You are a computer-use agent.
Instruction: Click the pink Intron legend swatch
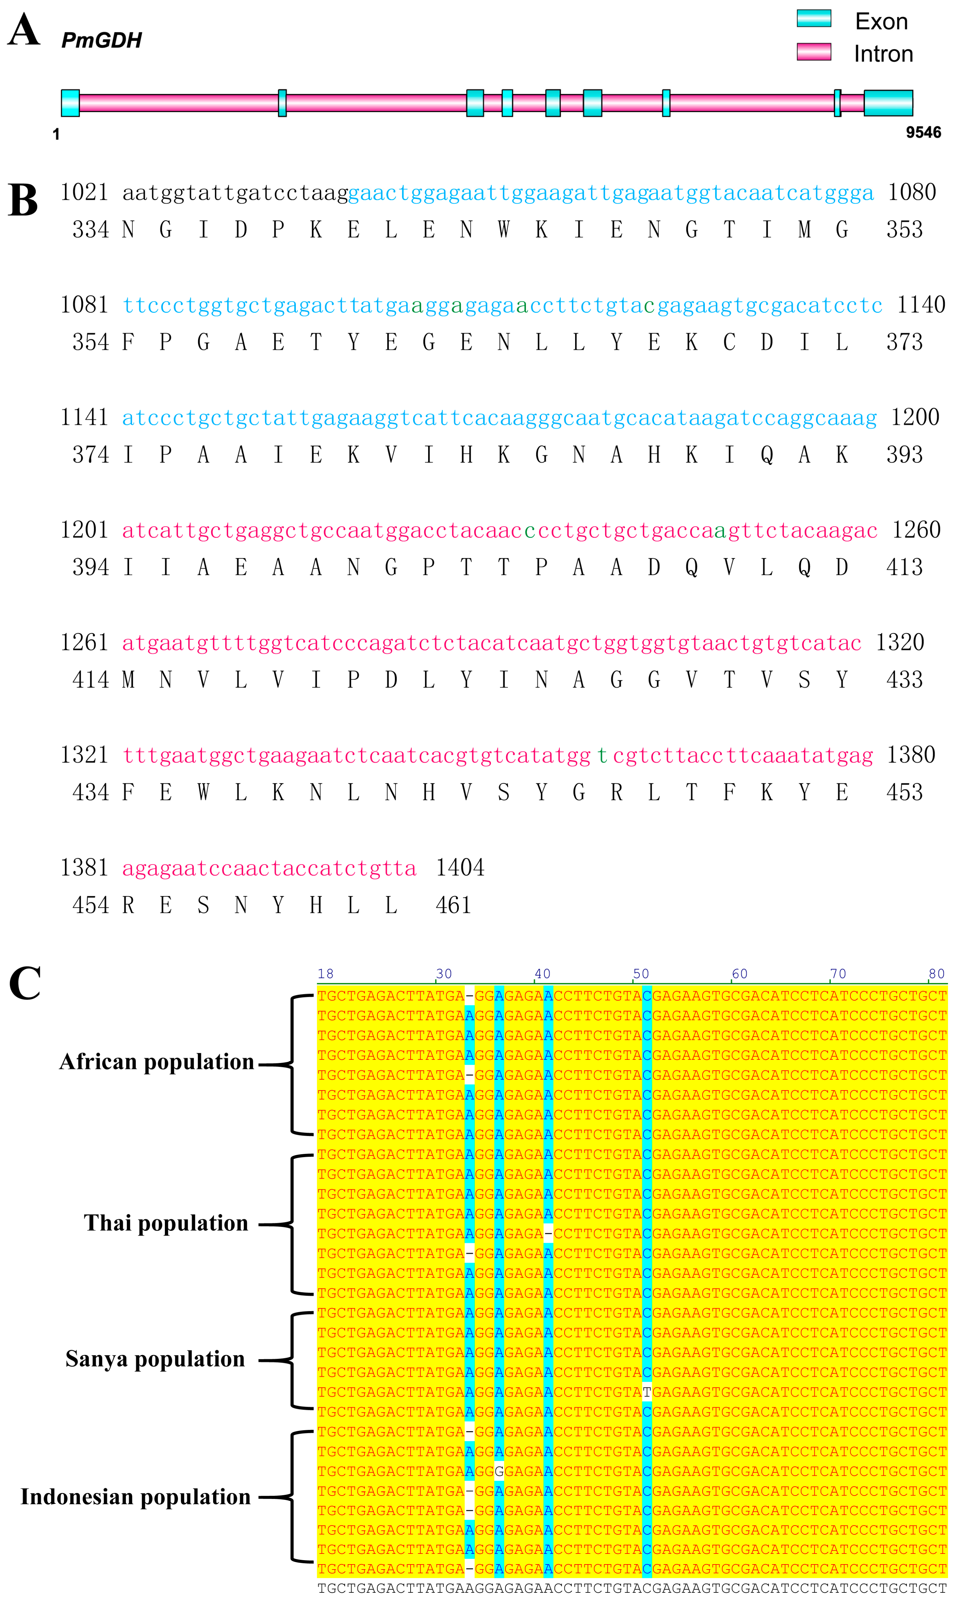coord(814,52)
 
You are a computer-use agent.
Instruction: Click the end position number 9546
coord(923,133)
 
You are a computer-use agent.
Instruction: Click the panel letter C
coord(24,984)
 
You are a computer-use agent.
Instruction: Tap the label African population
coord(156,1062)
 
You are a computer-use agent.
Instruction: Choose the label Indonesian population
coord(136,1497)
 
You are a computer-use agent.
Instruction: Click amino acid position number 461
coord(453,905)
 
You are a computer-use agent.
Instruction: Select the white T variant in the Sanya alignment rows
coord(647,1392)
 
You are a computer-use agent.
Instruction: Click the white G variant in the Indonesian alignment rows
coord(499,1472)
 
